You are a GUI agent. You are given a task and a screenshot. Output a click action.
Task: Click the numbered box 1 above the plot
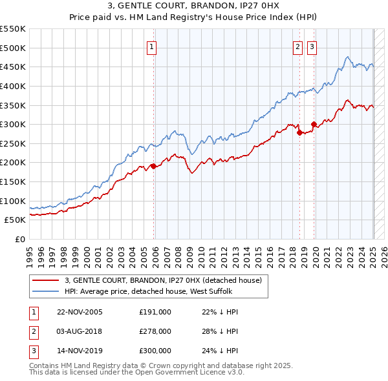[151, 46]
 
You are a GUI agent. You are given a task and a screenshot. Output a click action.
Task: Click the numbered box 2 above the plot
[297, 46]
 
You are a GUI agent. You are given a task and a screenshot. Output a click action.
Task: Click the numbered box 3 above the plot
[312, 46]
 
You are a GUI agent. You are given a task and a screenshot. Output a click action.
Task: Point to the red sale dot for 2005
[153, 166]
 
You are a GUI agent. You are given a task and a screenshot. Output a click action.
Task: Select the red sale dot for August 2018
[299, 132]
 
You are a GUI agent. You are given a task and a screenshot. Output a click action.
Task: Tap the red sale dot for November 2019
[314, 124]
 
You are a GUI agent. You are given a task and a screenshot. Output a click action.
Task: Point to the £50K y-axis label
[16, 220]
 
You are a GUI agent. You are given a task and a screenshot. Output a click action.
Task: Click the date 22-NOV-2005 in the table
[80, 312]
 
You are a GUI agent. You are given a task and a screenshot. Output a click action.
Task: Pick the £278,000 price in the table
[155, 331]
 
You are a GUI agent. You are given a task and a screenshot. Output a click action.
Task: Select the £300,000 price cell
[155, 351]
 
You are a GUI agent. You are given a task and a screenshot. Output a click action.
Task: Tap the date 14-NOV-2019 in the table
[80, 351]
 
